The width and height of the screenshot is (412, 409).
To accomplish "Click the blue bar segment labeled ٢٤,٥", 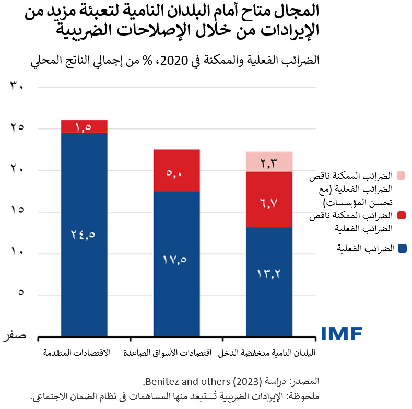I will (84, 235).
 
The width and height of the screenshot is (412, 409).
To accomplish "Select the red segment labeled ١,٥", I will (84, 127).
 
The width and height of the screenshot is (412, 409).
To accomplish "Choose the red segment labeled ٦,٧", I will (269, 200).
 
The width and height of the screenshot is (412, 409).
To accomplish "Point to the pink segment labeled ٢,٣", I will (269, 162).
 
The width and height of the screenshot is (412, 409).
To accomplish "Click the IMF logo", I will (341, 333).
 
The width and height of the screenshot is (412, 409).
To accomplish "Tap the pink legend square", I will (402, 175).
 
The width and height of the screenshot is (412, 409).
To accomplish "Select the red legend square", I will (402, 215).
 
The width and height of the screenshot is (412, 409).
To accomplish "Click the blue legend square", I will (402, 249).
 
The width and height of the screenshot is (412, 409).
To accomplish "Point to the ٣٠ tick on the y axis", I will (17, 87).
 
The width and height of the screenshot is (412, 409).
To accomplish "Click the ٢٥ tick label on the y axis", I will (17, 128).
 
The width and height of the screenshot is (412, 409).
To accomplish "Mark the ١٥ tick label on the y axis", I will (17, 212).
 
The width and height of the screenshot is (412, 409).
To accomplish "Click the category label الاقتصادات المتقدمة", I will (77, 353).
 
